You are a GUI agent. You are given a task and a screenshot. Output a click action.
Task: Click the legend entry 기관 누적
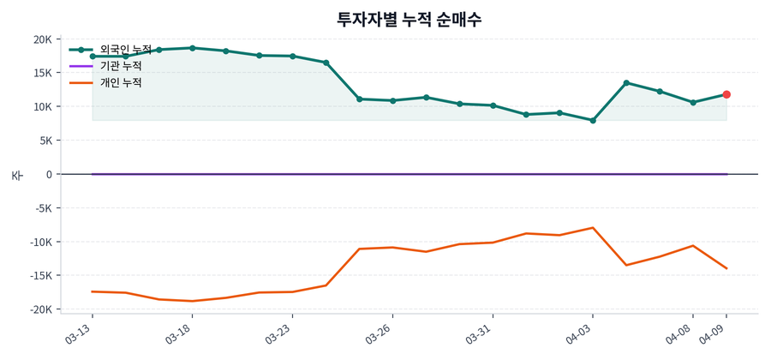coord(121,66)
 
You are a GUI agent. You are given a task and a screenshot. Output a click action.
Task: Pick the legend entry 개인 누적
coord(121,82)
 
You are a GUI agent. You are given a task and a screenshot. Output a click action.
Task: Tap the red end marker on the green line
coord(726,94)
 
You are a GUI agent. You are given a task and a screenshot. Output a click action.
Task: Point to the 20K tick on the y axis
coord(43,39)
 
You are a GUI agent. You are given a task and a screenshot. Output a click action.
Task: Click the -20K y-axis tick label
coord(41,309)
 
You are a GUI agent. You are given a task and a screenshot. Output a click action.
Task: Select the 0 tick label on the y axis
coord(50,174)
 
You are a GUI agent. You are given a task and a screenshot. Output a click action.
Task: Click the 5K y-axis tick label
coord(45,141)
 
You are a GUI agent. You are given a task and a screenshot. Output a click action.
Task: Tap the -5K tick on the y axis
coord(44,208)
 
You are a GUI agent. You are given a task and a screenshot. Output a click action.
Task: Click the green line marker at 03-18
coord(192,48)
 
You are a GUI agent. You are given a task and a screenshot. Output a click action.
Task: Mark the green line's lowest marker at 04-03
coord(593,120)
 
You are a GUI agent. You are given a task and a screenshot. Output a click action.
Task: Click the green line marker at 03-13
coord(93,57)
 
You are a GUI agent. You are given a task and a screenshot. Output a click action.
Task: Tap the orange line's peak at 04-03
coord(593,228)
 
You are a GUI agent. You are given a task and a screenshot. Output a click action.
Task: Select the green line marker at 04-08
coord(693,102)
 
